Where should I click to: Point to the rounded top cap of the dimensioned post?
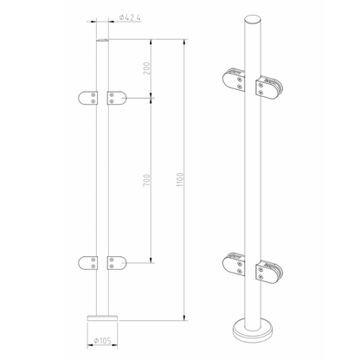point(102,41)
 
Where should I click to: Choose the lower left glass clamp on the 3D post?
point(235,264)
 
